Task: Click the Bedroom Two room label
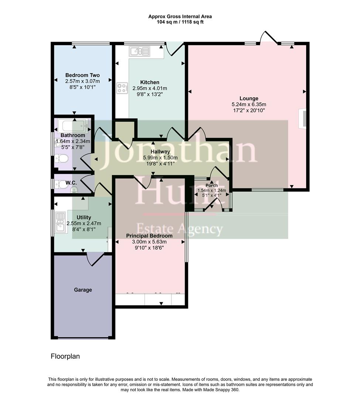82,75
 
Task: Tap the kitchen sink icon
139,52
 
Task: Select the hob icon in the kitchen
122,88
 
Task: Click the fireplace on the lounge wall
302,118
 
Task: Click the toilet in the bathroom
61,159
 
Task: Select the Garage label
83,290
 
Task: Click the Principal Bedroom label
149,236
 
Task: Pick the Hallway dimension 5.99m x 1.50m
160,157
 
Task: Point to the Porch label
212,185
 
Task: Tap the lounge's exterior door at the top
268,38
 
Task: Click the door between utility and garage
95,259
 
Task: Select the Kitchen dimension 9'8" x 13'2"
150,94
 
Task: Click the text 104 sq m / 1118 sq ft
180,22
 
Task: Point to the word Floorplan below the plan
65,357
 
